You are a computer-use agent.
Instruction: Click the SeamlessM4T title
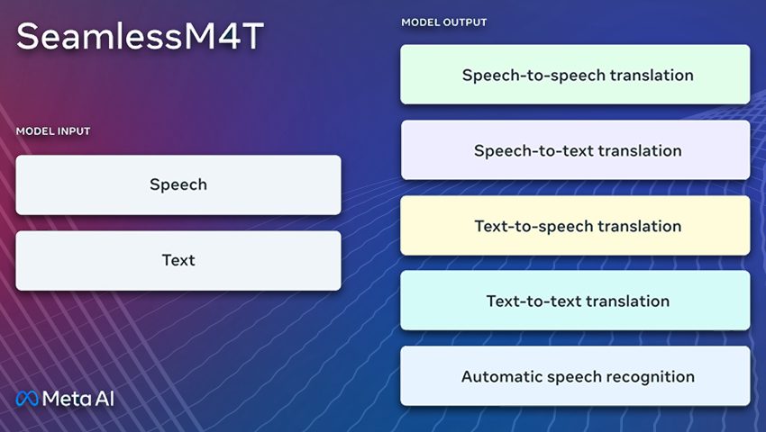click(141, 36)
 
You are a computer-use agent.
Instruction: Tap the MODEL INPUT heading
click(53, 131)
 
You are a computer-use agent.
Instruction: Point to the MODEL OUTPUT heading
click(444, 22)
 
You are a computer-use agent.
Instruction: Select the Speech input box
click(178, 185)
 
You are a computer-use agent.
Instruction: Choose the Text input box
click(178, 261)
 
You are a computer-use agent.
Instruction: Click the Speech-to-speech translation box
click(575, 74)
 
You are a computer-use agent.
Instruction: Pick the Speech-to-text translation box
click(575, 150)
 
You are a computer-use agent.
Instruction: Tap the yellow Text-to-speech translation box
click(575, 226)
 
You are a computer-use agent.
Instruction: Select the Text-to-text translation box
click(575, 301)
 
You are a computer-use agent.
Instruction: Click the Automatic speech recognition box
click(575, 376)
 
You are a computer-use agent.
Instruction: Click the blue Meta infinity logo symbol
click(27, 399)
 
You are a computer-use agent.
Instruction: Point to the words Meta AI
click(78, 399)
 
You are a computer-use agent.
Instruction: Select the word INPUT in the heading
click(74, 131)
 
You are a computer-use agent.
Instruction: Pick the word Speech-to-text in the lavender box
click(533, 151)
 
